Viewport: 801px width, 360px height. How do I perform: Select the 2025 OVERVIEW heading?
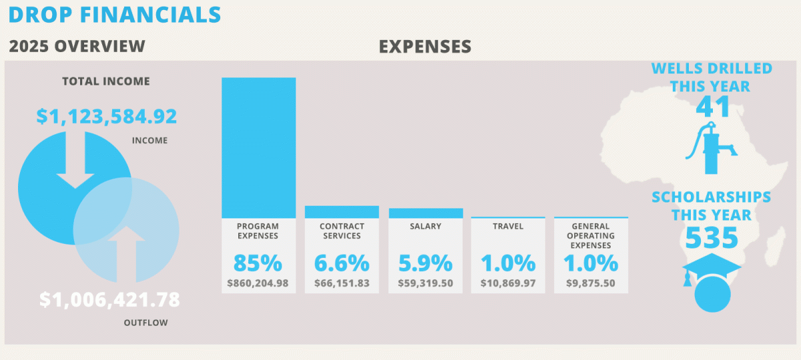[77, 46]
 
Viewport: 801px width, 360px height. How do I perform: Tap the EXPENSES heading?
[425, 46]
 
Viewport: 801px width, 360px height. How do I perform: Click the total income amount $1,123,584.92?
[106, 116]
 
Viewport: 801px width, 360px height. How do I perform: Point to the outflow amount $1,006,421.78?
[109, 300]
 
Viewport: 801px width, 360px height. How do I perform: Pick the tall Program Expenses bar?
[258, 147]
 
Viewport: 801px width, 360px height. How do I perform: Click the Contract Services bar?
[342, 212]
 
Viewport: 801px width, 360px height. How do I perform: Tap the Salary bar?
[426, 213]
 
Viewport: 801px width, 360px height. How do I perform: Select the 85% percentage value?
[258, 262]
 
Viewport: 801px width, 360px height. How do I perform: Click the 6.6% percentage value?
[341, 262]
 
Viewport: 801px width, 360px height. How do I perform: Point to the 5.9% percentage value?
[425, 262]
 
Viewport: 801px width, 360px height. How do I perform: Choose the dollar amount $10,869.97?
[508, 283]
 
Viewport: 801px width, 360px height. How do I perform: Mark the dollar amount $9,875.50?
[591, 283]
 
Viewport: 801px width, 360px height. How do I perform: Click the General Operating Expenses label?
[591, 236]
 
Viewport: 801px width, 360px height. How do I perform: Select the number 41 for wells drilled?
[712, 106]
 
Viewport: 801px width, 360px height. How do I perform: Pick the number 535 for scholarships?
[711, 237]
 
